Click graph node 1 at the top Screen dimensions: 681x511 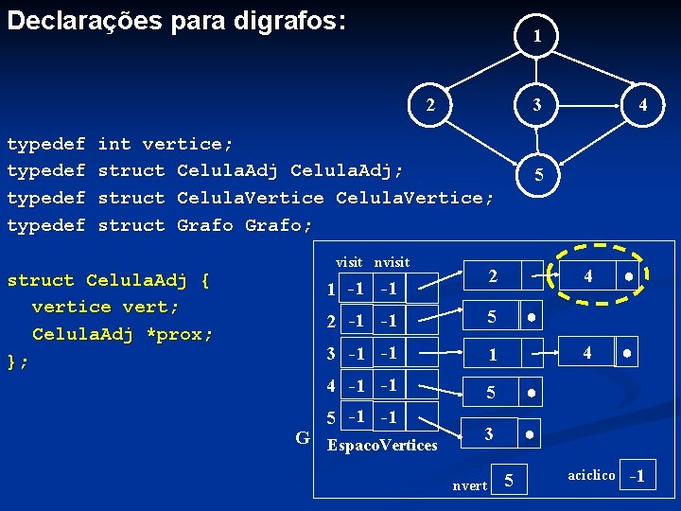536,36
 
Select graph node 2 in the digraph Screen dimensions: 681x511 431,104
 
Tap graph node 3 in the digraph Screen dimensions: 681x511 536,104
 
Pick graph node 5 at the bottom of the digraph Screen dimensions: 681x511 537,175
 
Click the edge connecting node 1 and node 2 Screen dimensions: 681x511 483,70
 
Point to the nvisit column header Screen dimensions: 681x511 392,261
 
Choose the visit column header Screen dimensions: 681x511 349,261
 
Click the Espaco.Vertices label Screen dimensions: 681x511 381,445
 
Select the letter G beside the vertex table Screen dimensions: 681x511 303,437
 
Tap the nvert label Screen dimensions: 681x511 470,485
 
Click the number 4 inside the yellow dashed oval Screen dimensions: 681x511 588,277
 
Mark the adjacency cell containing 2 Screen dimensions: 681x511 492,276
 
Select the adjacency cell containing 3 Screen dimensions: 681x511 489,433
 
